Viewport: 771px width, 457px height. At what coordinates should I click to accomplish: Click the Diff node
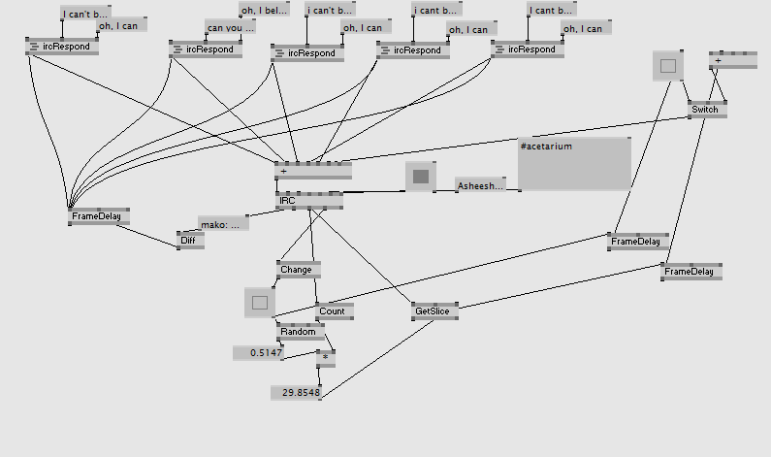point(190,240)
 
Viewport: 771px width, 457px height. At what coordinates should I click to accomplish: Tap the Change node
point(298,269)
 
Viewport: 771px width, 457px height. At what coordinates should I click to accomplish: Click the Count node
point(334,311)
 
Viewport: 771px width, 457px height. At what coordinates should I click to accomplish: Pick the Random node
point(299,332)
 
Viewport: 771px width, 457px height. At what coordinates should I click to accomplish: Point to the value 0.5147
point(259,353)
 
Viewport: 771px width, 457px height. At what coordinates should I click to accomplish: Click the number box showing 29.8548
point(296,392)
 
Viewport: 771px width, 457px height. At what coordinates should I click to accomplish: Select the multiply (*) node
point(326,357)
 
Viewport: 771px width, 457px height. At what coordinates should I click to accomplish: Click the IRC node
point(308,200)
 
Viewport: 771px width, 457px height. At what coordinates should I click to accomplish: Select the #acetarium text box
point(574,163)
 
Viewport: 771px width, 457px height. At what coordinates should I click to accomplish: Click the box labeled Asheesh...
point(480,184)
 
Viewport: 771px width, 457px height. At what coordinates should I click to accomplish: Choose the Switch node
point(705,110)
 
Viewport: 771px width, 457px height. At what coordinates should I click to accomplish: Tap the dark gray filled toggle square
point(421,177)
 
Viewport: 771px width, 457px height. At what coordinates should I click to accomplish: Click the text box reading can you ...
point(230,27)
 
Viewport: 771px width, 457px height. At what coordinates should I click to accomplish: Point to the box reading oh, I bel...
point(264,11)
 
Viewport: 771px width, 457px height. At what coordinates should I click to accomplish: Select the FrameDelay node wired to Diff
point(100,216)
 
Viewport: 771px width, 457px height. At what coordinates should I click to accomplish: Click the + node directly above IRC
point(312,171)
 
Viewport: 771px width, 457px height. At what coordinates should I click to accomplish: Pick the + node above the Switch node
point(732,59)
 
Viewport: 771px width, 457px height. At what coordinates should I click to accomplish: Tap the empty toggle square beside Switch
point(667,66)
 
